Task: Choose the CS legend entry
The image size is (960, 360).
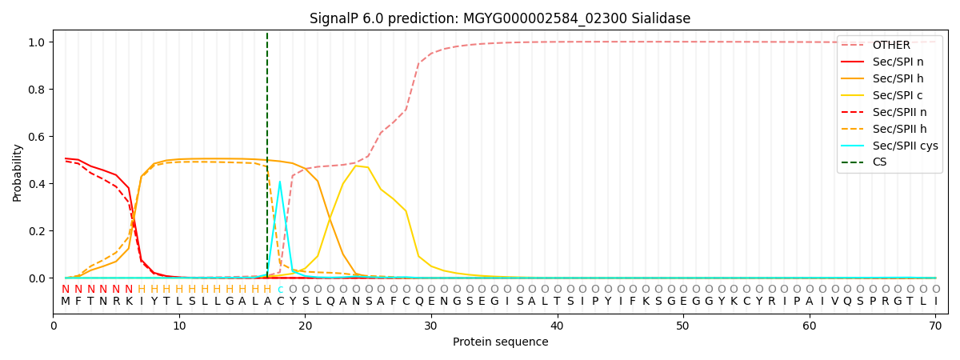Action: click(x=879, y=162)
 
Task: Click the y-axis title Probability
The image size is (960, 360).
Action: click(x=17, y=172)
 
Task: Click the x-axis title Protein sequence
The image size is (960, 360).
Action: click(x=500, y=342)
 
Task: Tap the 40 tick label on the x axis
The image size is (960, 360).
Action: click(x=557, y=326)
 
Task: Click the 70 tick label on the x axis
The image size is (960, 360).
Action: click(x=935, y=326)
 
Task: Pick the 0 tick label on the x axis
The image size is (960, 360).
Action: click(x=54, y=326)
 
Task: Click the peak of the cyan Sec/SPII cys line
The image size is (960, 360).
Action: click(x=279, y=182)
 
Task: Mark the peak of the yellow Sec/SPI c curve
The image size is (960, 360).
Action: click(x=355, y=166)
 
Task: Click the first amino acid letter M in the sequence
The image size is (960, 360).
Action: click(x=66, y=302)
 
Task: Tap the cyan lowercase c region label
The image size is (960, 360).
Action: click(x=279, y=290)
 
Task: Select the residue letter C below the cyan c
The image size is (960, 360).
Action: click(x=279, y=302)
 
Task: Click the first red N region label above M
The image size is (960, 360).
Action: click(x=66, y=290)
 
